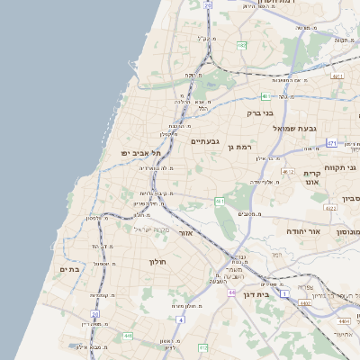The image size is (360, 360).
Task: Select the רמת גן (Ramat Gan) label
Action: [244, 146]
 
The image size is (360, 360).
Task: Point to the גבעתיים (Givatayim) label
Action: [205, 140]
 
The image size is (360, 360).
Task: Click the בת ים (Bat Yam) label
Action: [70, 268]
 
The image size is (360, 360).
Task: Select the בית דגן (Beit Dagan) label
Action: [258, 294]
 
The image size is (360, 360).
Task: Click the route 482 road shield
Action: [241, 44]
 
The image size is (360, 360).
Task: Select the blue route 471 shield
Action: [332, 143]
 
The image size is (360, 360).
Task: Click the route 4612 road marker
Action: [288, 170]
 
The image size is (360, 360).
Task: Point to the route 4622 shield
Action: [329, 209]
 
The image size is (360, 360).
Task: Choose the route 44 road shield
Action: [231, 292]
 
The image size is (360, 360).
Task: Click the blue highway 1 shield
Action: [283, 294]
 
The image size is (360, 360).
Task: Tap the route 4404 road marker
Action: [342, 320]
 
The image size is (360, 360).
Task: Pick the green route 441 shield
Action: [128, 336]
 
